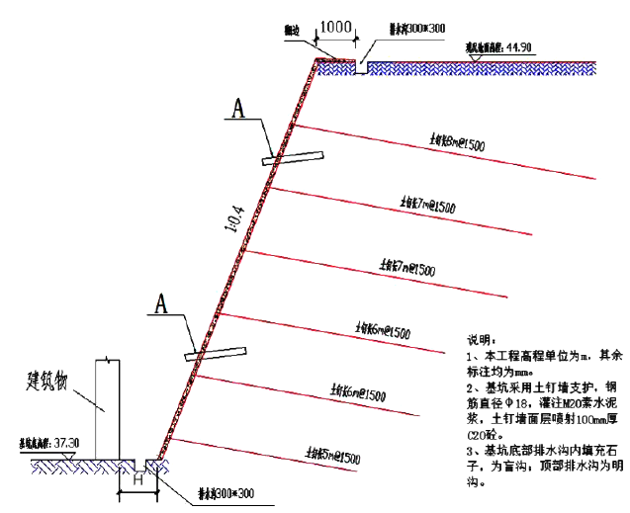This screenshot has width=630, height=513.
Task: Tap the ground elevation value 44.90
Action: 519,46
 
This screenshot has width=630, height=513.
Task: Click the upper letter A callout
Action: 236,110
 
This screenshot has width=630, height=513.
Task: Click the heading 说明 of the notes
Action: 479,337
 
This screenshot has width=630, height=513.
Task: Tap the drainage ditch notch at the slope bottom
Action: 150,462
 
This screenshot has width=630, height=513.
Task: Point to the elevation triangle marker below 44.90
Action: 477,57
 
